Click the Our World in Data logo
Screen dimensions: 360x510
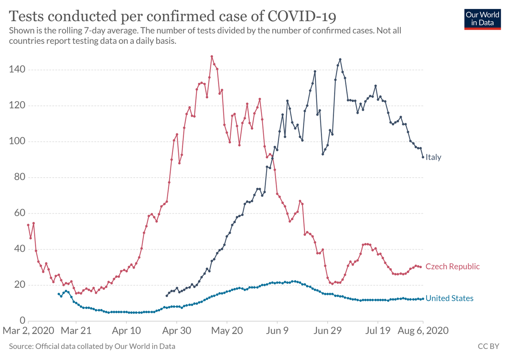tap(483, 18)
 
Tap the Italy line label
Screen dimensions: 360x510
tap(433, 157)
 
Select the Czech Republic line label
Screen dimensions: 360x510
tap(452, 266)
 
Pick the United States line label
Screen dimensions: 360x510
tap(449, 298)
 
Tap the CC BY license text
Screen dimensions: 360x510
tap(488, 346)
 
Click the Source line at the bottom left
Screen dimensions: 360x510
tap(92, 346)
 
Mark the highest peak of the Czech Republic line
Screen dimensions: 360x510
tap(212, 56)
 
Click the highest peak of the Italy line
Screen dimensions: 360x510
tap(340, 60)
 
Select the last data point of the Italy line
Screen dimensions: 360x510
tap(423, 157)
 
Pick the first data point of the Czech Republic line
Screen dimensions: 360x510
tap(28, 225)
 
